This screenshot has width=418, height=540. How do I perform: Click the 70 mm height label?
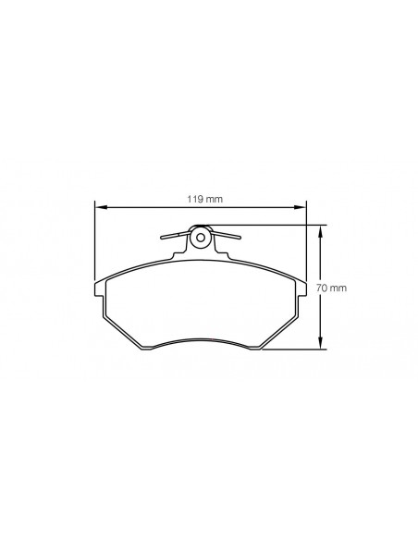[332, 288]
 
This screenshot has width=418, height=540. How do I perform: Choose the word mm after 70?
[338, 288]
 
